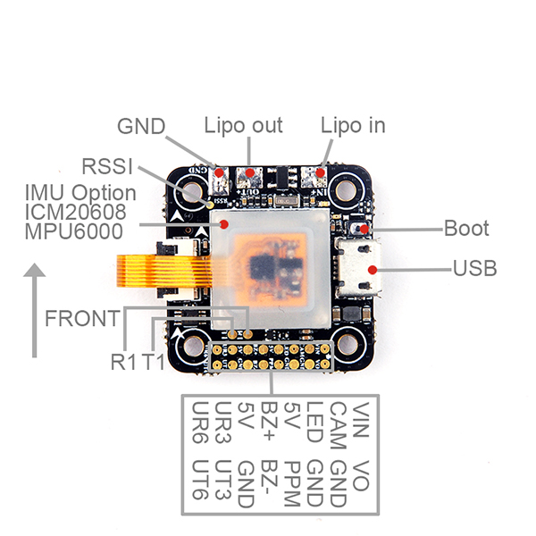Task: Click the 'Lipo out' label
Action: click(243, 126)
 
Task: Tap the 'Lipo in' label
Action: click(353, 126)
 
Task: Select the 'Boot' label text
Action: click(466, 228)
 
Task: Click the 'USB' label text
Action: click(475, 268)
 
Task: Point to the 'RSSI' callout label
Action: click(107, 166)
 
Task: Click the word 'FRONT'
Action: click(82, 318)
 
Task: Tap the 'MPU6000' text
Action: click(74, 231)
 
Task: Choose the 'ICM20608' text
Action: click(76, 212)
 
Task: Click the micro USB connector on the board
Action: click(358, 267)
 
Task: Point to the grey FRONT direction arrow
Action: click(34, 310)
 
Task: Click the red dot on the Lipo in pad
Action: click(320, 172)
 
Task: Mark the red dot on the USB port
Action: click(373, 270)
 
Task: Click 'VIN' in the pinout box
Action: click(361, 420)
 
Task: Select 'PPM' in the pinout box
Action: click(292, 483)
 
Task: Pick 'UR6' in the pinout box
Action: click(200, 423)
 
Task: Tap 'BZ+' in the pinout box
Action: click(269, 421)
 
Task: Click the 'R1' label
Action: click(124, 362)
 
